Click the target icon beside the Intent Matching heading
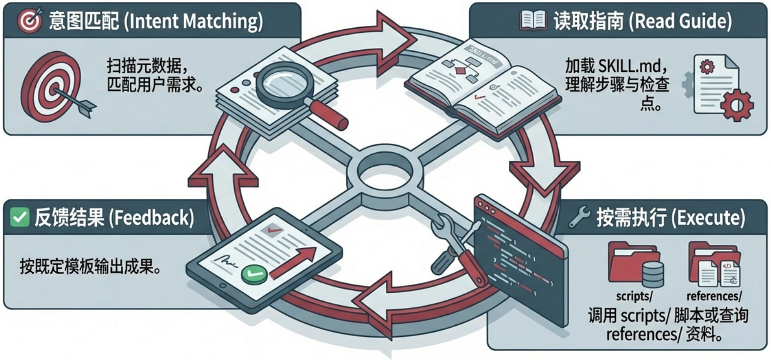(x=29, y=21)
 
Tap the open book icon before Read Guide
(x=533, y=21)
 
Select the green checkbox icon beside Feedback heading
(x=19, y=217)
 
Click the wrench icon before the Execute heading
(x=579, y=217)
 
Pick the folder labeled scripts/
(x=635, y=265)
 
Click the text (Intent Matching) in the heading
(x=193, y=21)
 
